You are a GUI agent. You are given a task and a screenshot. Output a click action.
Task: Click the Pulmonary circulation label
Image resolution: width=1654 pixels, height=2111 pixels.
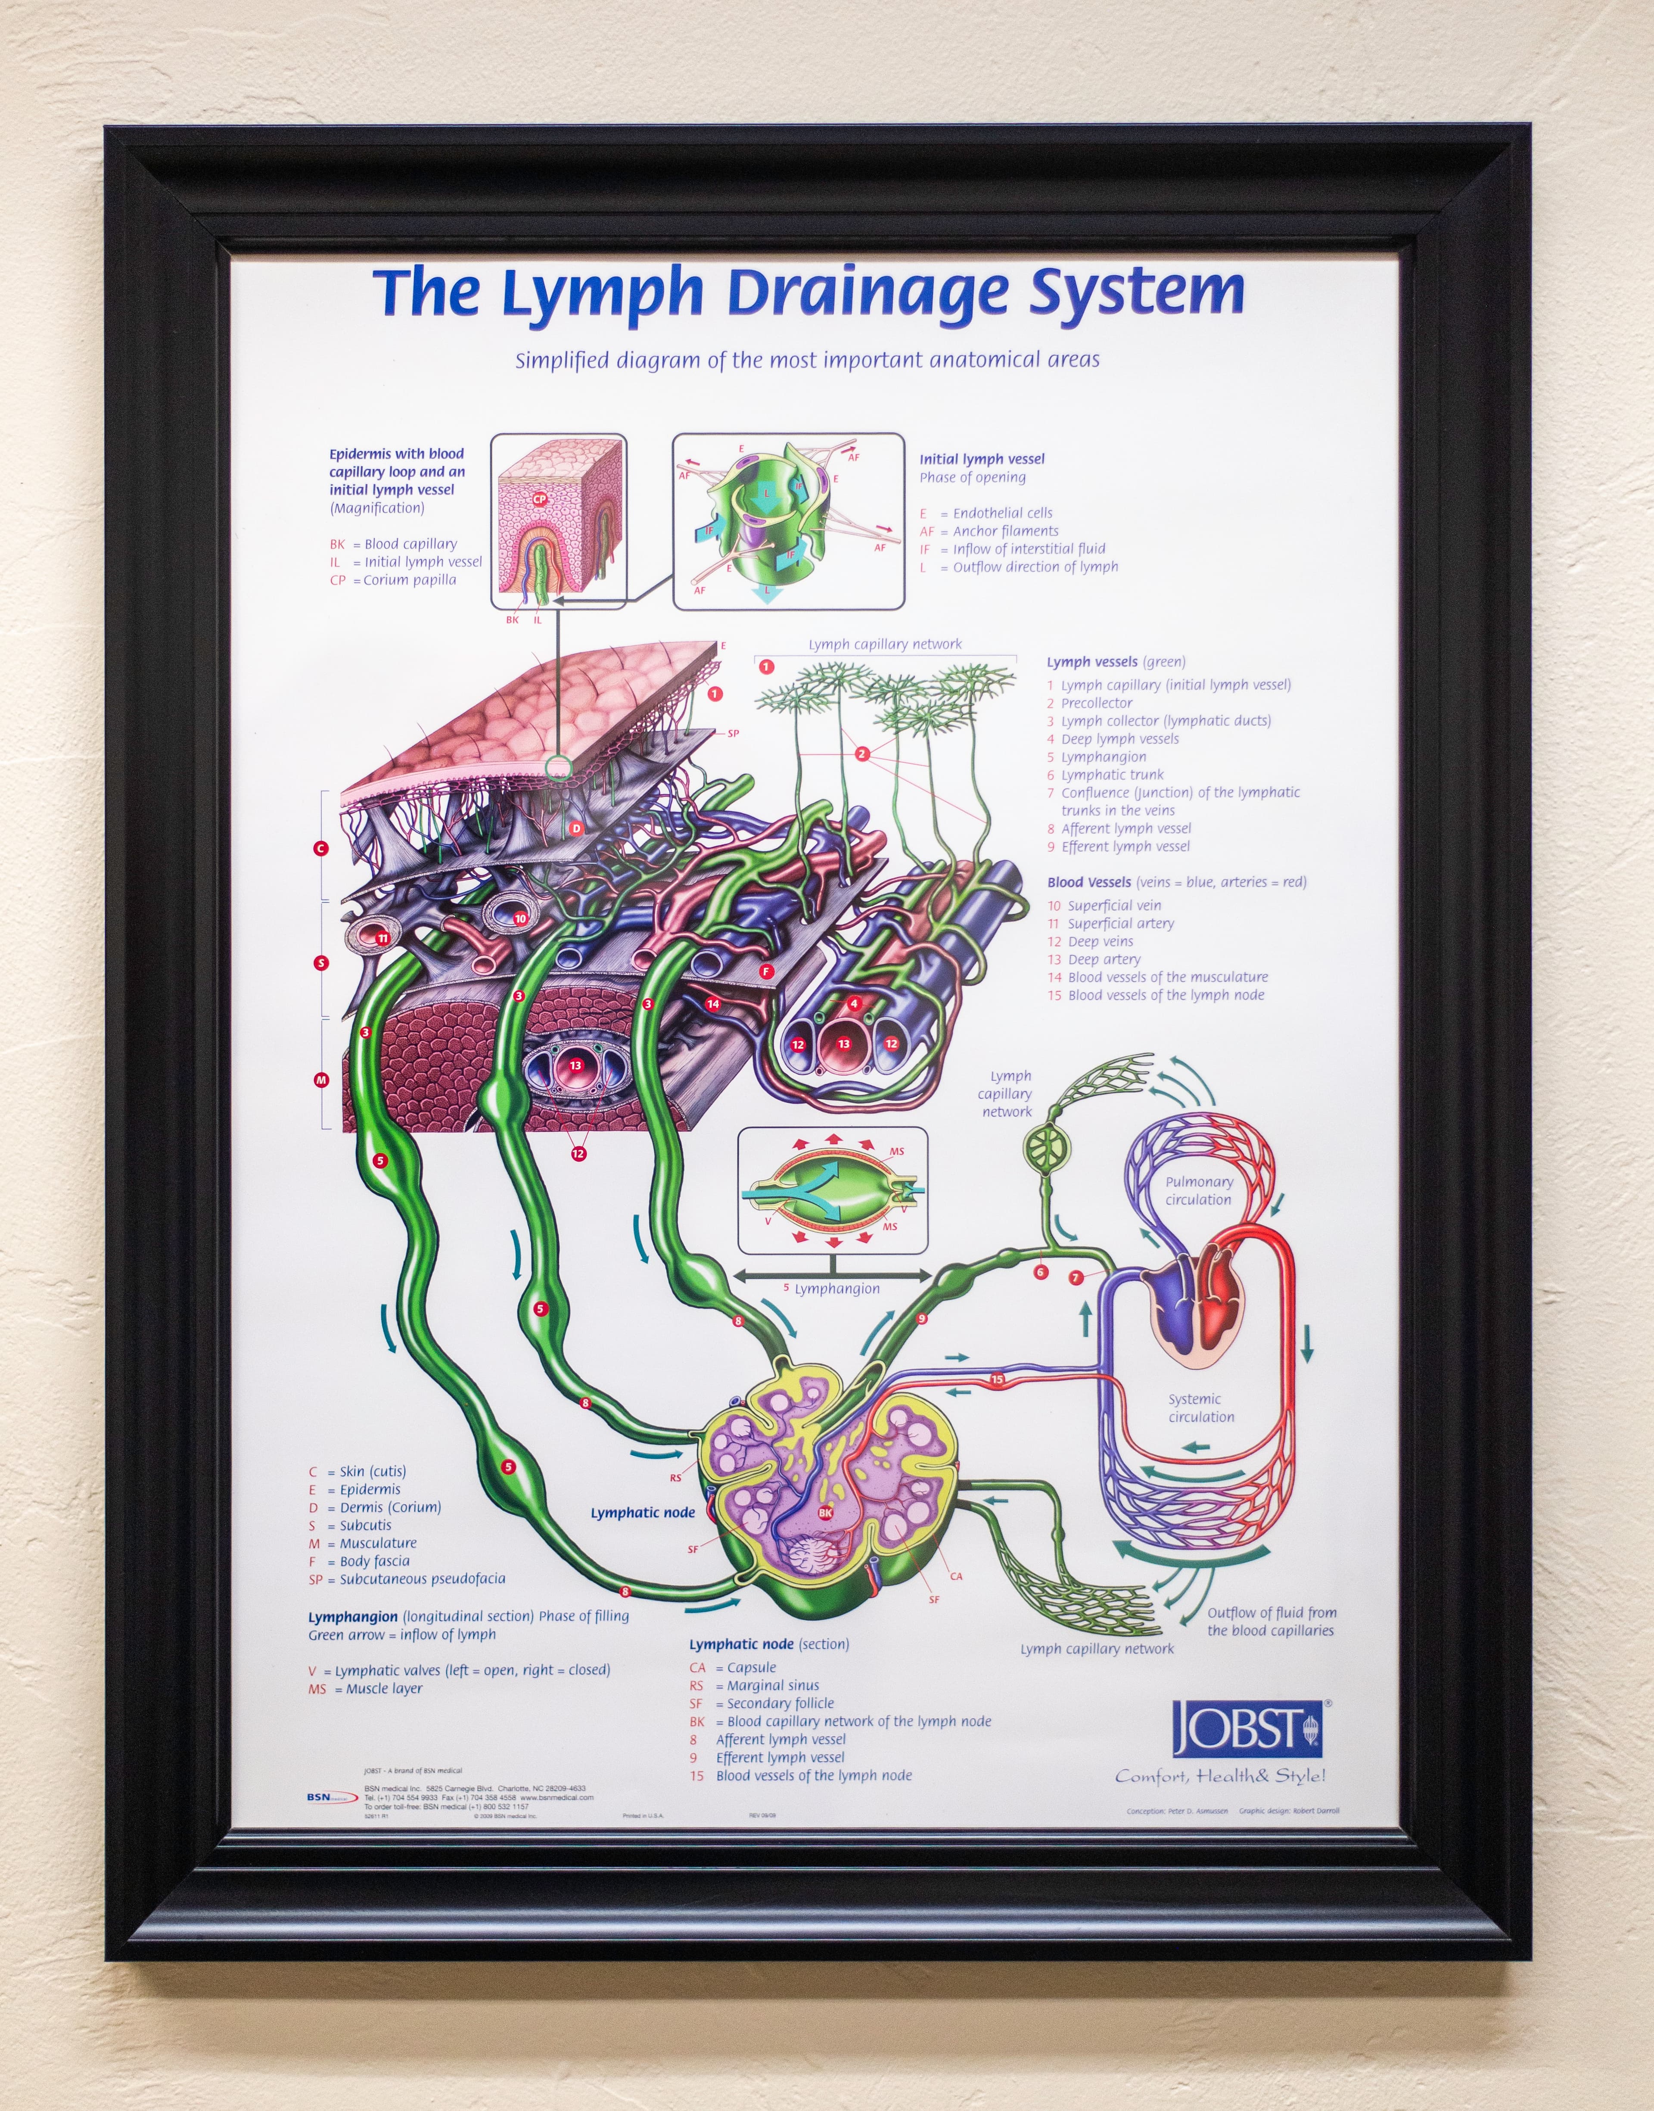pyautogui.click(x=1199, y=1190)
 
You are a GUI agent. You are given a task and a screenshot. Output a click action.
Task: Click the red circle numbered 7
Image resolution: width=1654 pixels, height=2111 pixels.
pyautogui.click(x=1075, y=1278)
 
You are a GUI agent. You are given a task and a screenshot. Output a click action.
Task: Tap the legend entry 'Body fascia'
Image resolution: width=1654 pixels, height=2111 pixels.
pyautogui.click(x=374, y=1561)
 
